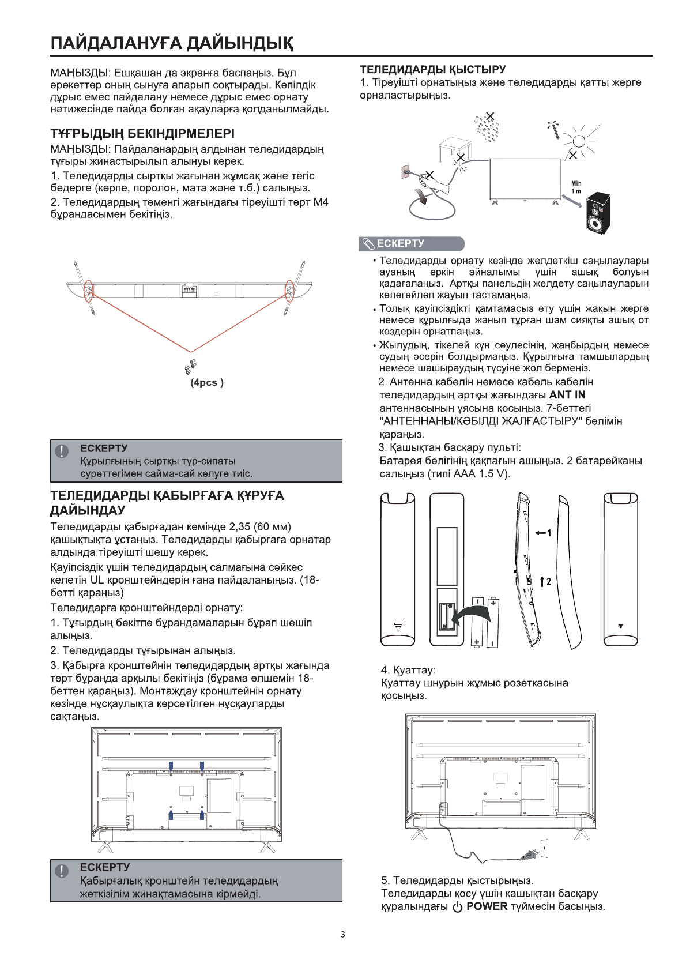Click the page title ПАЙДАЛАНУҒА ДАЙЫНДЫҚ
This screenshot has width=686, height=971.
pyautogui.click(x=172, y=43)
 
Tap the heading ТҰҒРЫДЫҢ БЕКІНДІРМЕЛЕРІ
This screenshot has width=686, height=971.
pyautogui.click(x=142, y=134)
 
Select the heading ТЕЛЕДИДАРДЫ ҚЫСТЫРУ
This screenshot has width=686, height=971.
pyautogui.click(x=433, y=70)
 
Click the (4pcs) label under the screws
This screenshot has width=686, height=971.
pyautogui.click(x=207, y=382)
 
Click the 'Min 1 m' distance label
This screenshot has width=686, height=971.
pyautogui.click(x=576, y=187)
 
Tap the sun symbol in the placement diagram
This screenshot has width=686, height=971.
pyautogui.click(x=579, y=141)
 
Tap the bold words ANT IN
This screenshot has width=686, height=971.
pyautogui.click(x=567, y=395)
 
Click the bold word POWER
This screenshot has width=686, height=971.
pyautogui.click(x=487, y=906)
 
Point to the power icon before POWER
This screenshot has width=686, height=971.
pyautogui.click(x=458, y=907)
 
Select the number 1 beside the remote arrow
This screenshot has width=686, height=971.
pyautogui.click(x=549, y=533)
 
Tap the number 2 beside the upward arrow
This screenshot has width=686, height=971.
pyautogui.click(x=548, y=581)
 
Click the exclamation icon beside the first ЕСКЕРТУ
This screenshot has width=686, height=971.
pyautogui.click(x=62, y=451)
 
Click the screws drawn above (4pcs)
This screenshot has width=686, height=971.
pyautogui.click(x=190, y=366)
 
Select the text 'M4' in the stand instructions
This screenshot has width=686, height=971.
pyautogui.click(x=321, y=202)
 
